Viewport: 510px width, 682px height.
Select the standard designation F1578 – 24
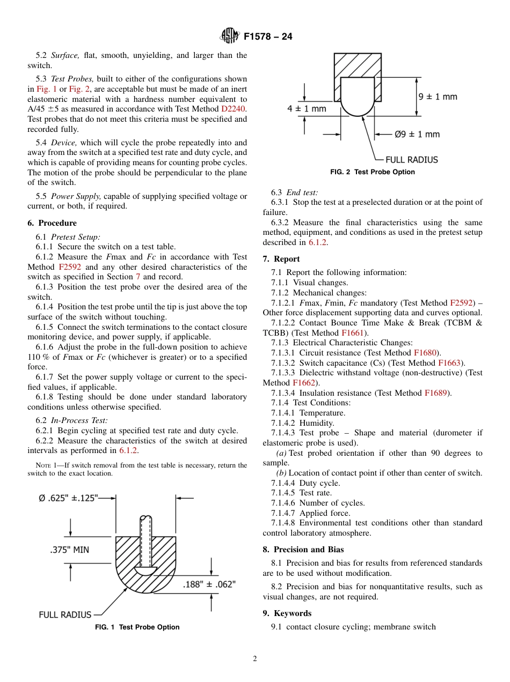pyautogui.click(x=268, y=37)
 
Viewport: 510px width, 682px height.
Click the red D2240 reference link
pyautogui.click(x=234, y=109)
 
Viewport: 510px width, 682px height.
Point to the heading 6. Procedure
pyautogui.click(x=52, y=223)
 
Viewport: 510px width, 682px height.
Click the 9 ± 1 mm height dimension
pyautogui.click(x=438, y=97)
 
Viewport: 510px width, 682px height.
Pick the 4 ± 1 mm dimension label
pyautogui.click(x=307, y=108)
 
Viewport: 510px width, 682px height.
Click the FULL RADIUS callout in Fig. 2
pyautogui.click(x=411, y=159)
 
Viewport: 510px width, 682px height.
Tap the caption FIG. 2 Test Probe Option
pyautogui.click(x=372, y=172)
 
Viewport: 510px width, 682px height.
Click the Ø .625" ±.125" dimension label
pyautogui.click(x=68, y=498)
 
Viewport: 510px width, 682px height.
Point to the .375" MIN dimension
pyautogui.click(x=69, y=550)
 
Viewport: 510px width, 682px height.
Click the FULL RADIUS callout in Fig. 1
pyautogui.click(x=65, y=614)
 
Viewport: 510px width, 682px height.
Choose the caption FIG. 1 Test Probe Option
pyautogui.click(x=137, y=627)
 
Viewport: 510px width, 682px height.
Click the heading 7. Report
pyautogui.click(x=281, y=259)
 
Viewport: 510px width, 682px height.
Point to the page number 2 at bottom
pyautogui.click(x=255, y=659)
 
